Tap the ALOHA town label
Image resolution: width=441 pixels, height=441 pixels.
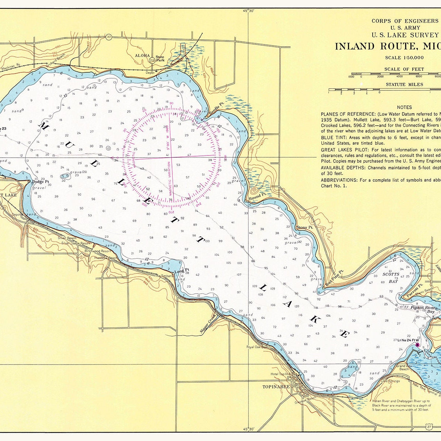coord(143,55)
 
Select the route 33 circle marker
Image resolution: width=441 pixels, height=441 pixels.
coord(108,37)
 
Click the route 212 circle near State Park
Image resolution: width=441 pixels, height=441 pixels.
coord(152,60)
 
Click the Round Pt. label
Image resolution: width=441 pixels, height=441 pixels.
coord(257,197)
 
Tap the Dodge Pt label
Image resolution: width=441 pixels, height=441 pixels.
coord(40,182)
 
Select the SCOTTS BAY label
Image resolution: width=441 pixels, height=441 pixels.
coord(391,278)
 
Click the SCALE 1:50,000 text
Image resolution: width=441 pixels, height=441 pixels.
coord(404,57)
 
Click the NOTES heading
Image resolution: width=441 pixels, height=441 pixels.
coord(404,107)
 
